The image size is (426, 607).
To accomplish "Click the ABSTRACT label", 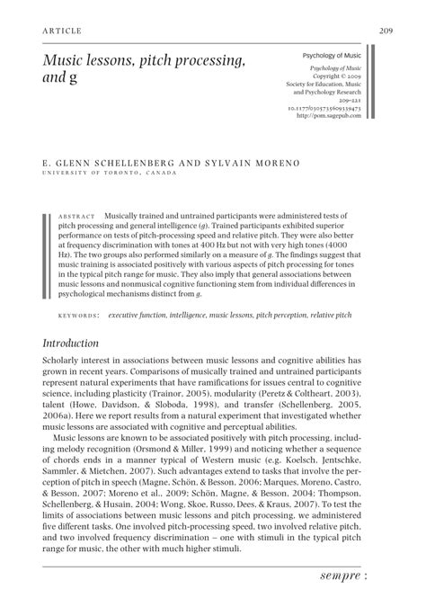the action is tap(77, 218).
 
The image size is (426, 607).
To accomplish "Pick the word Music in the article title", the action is tap(64, 60).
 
